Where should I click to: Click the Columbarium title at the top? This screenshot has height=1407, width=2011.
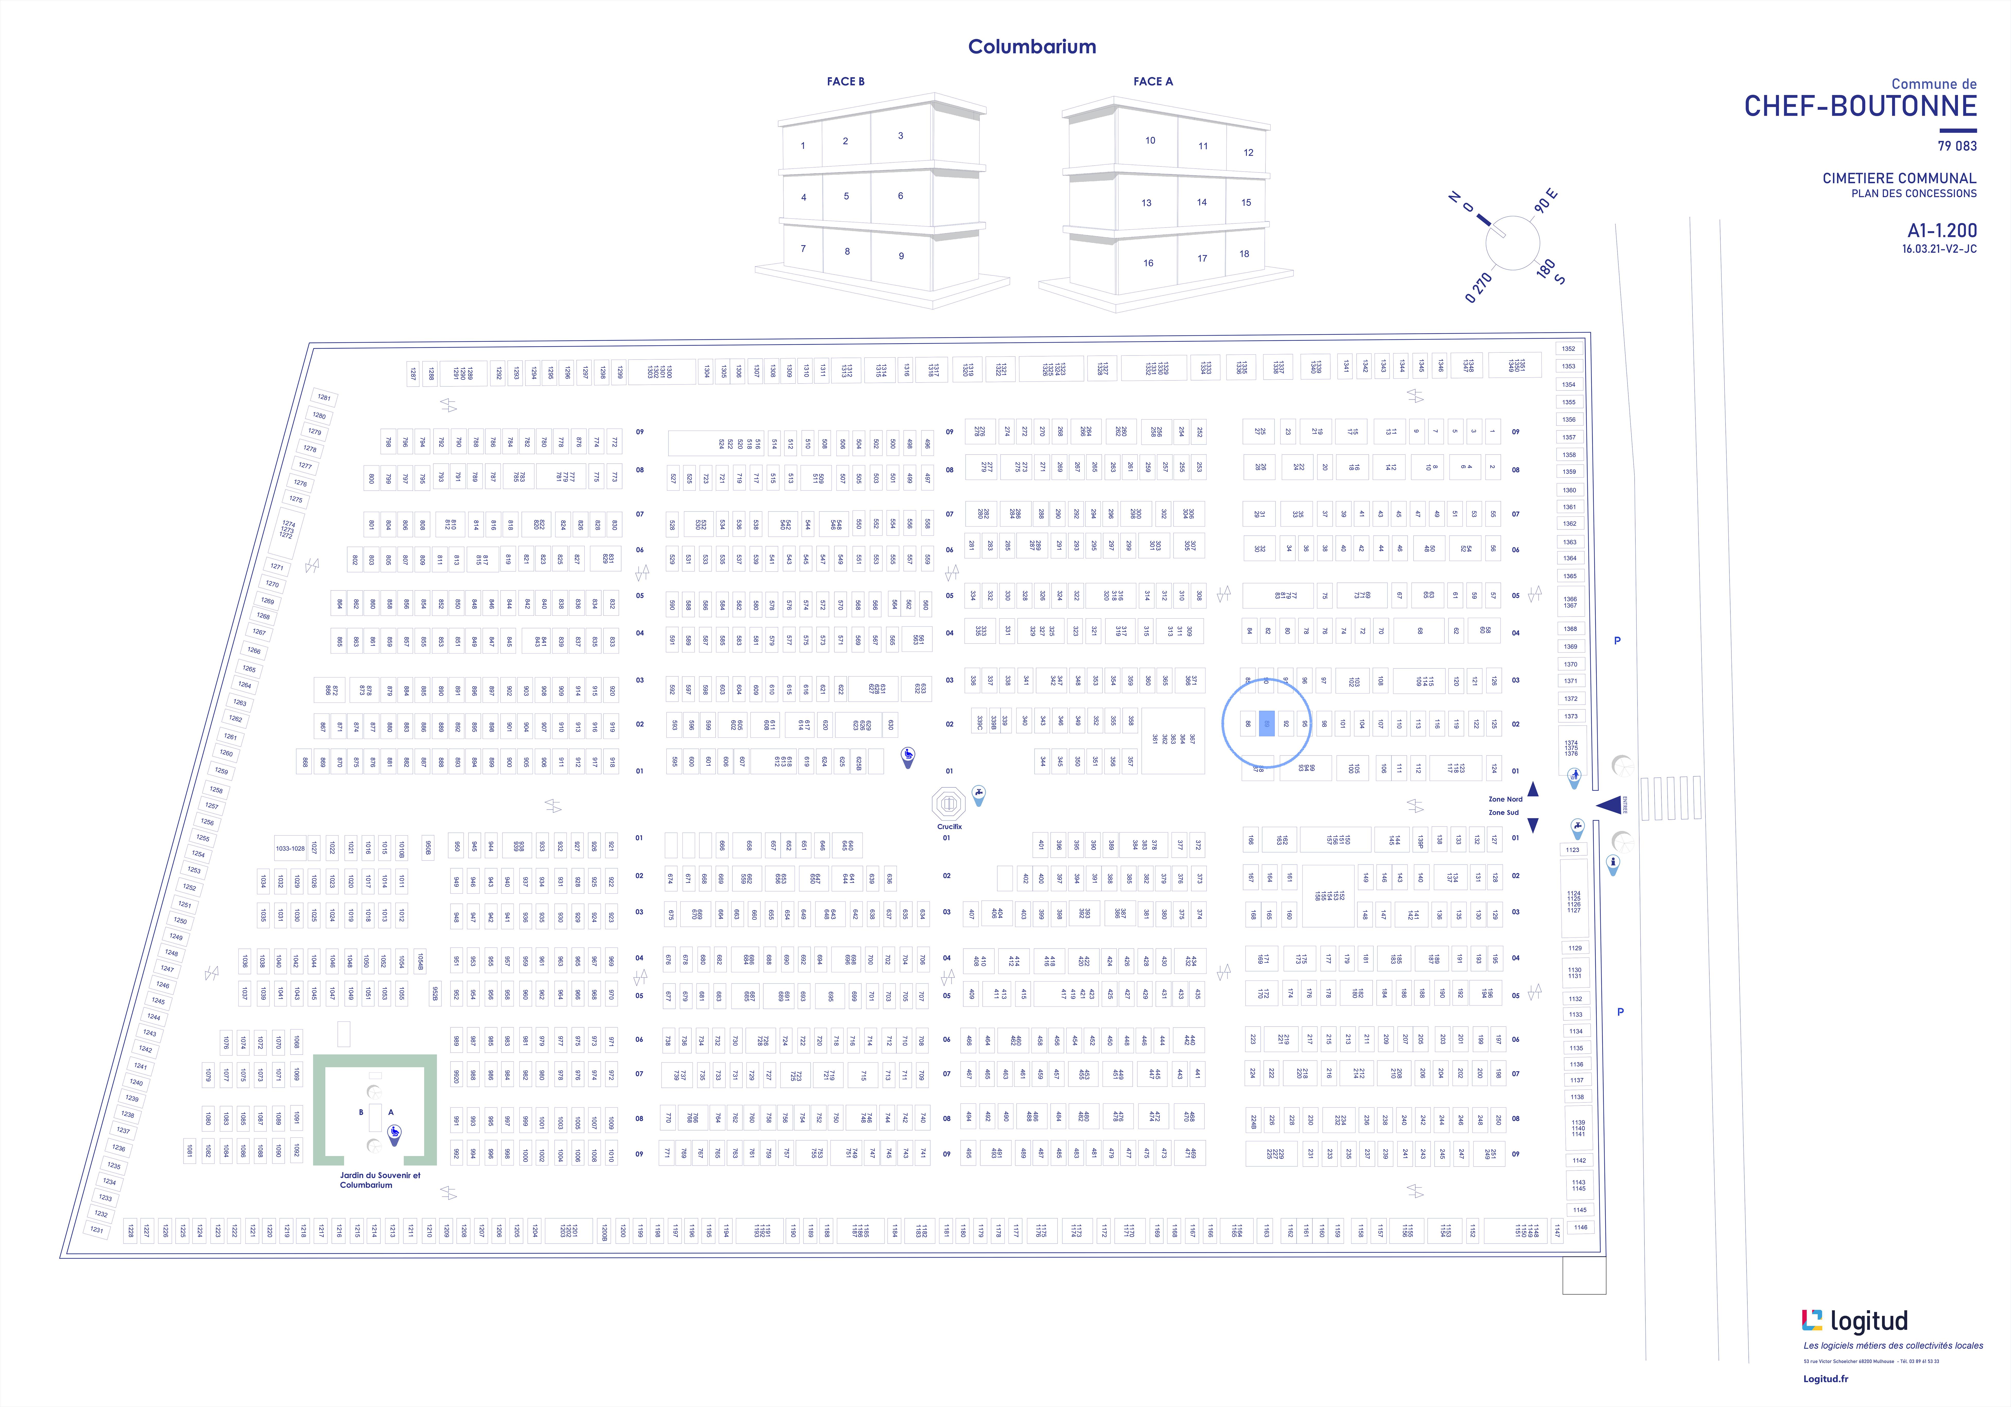point(1032,47)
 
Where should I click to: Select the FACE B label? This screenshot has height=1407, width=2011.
point(845,82)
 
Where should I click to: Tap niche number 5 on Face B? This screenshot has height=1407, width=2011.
point(846,196)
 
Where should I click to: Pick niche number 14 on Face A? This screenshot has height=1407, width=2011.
point(1202,202)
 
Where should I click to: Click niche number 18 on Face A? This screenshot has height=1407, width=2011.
point(1244,254)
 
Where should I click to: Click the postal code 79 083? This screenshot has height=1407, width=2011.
point(1957,146)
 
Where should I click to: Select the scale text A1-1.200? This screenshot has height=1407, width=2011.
point(1942,230)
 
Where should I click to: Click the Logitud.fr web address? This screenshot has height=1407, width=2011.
point(1825,1379)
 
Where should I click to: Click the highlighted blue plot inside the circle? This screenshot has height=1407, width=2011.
point(1267,724)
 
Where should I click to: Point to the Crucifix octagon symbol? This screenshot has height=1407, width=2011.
point(949,803)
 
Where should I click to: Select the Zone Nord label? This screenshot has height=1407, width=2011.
point(1505,799)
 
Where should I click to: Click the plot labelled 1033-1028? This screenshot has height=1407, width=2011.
point(290,848)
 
